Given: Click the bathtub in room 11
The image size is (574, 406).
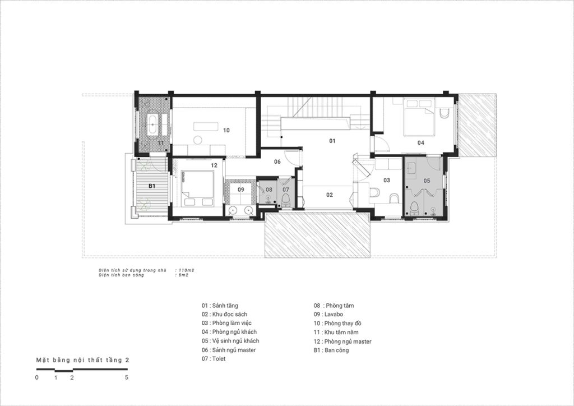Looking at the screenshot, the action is (152, 124).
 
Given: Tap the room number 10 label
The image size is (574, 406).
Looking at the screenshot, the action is (226, 130).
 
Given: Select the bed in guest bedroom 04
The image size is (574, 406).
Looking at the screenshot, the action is (419, 117).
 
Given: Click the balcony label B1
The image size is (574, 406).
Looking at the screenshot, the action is (152, 186).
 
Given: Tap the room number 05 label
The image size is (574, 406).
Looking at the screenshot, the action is (427, 181).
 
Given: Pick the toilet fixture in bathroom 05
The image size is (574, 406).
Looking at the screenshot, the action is (414, 207).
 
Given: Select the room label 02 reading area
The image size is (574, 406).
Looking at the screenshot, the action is (330, 195).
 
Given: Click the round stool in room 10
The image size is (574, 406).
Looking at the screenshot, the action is (198, 140).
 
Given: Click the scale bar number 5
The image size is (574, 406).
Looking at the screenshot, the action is (127, 378).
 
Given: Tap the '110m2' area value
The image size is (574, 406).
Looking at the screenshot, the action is (186, 270).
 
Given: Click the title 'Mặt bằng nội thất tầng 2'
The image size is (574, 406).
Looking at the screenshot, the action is (83, 360).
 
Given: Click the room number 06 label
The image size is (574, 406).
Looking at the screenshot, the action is (277, 162).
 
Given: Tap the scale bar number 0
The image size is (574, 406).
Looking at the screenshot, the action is (36, 378).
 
